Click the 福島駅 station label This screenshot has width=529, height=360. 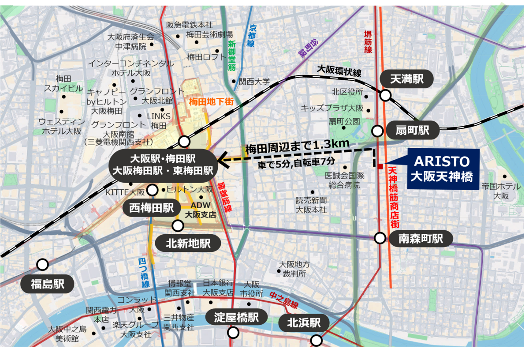click(48, 284)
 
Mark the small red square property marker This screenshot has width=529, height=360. click(380, 166)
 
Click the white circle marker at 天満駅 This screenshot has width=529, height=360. click(386, 95)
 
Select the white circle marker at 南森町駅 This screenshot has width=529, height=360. click(380, 238)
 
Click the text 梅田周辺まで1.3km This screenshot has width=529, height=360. click(298, 146)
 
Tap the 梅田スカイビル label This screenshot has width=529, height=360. click(63, 83)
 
